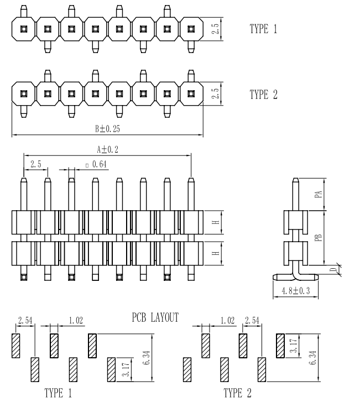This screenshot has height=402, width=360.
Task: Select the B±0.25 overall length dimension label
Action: pyautogui.click(x=107, y=128)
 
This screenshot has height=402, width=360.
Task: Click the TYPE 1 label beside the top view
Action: pyautogui.click(x=263, y=29)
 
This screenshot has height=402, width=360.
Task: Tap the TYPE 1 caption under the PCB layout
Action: pyautogui.click(x=57, y=393)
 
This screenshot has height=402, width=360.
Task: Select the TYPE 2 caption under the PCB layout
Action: pyautogui.click(x=238, y=393)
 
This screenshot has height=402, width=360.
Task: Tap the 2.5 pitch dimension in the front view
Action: pyautogui.click(x=35, y=164)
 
